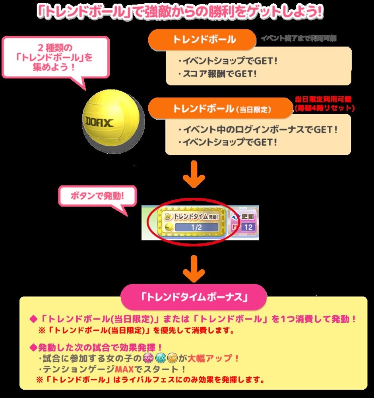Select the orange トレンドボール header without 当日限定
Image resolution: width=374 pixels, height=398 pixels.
[202, 40]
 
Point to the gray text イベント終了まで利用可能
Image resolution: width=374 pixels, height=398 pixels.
[298, 38]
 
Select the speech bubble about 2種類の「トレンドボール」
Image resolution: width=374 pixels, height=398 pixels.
[55, 57]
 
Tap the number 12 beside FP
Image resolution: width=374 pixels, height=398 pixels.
[249, 228]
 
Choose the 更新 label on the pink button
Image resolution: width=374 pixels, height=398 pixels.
[248, 217]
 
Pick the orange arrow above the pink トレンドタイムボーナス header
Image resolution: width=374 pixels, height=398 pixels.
[194, 269]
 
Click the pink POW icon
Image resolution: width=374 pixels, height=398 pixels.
[147, 358]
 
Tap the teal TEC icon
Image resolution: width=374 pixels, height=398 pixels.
[160, 358]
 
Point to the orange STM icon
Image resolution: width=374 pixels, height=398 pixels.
[172, 358]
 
